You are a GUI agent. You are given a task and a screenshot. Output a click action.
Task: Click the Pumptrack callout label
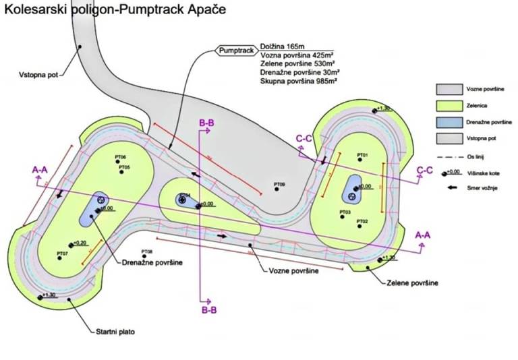coord(235,50)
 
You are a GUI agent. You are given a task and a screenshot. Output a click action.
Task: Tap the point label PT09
coord(279,184)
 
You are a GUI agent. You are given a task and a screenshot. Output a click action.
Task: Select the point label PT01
coord(362,156)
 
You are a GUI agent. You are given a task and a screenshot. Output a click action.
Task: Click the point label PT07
coord(62,253)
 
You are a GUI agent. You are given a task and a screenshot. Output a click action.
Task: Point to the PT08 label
coord(147,251)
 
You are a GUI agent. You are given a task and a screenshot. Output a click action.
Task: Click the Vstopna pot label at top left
coord(34,76)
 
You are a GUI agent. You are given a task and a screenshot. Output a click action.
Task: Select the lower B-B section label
coord(208,310)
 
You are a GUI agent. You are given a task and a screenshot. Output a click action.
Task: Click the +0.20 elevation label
coord(81,243)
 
